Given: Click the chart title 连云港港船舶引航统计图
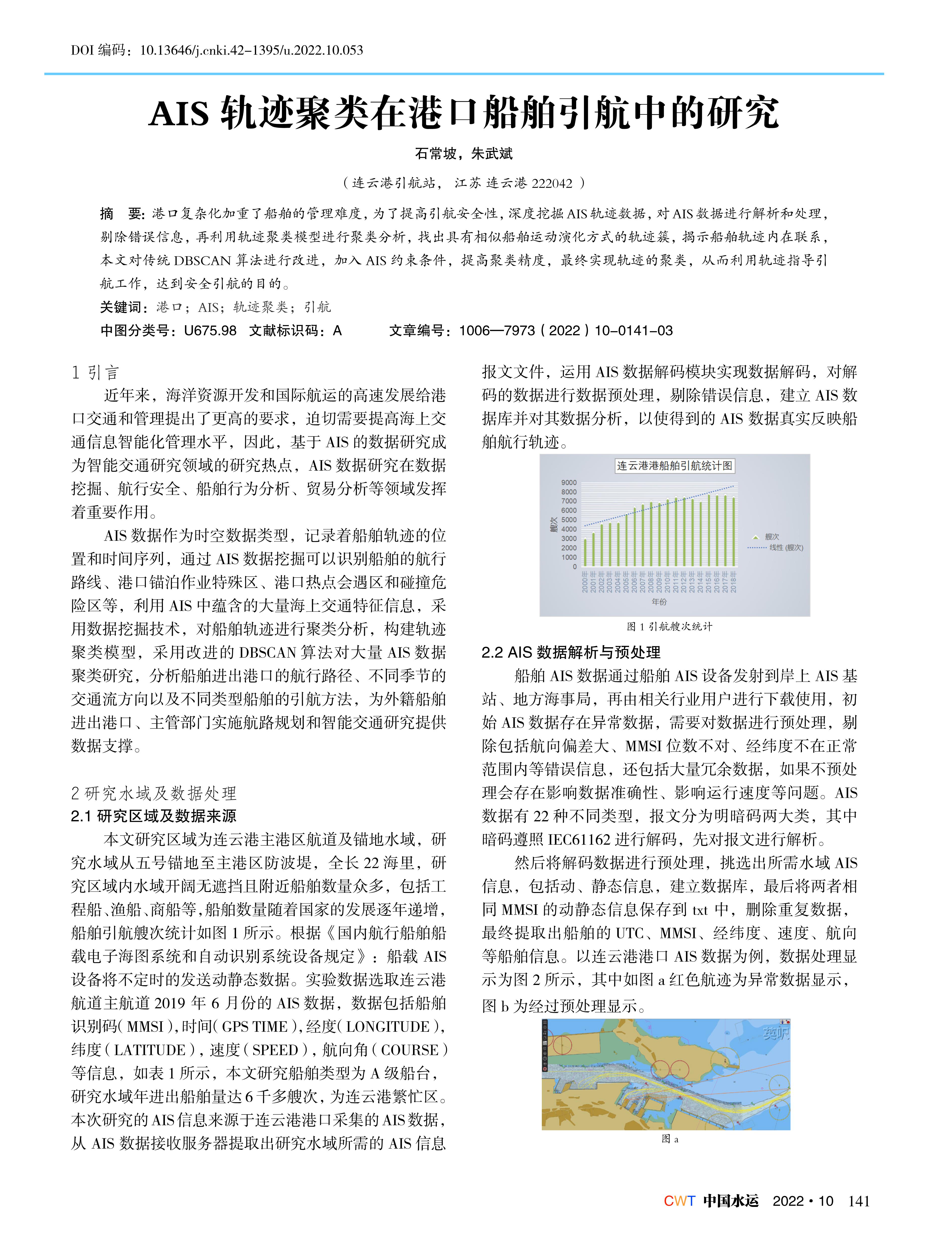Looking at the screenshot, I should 674,465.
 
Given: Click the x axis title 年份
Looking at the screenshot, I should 659,601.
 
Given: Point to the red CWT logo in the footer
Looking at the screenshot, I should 679,1201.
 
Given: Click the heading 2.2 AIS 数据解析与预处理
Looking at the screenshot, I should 571,652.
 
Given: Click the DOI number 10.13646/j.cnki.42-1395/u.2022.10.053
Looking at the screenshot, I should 251,51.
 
